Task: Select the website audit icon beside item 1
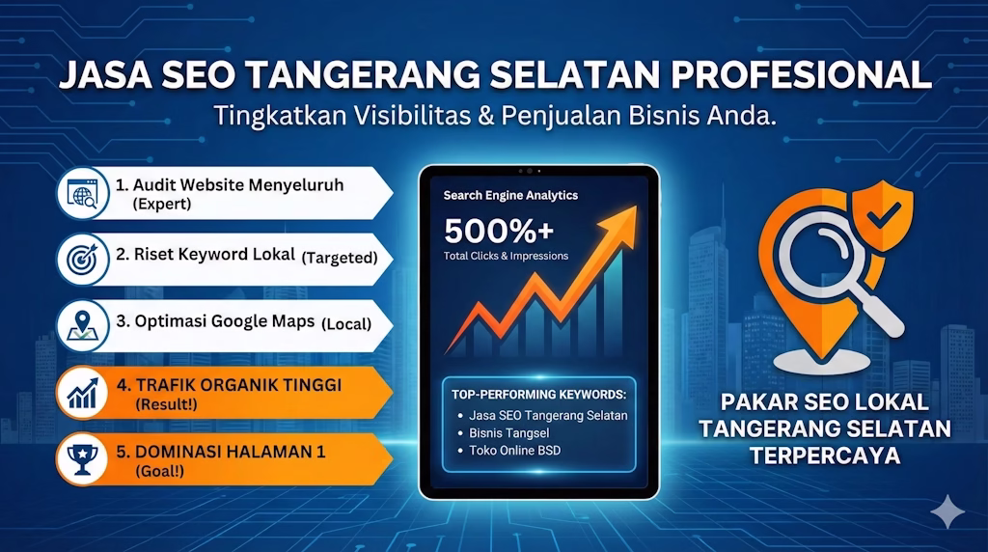(82, 193)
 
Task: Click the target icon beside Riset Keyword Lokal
(82, 258)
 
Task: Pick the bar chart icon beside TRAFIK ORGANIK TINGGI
(82, 392)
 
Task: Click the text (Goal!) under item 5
(159, 471)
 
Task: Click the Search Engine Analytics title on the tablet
(510, 195)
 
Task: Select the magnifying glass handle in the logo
(883, 316)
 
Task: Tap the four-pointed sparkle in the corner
(947, 511)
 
